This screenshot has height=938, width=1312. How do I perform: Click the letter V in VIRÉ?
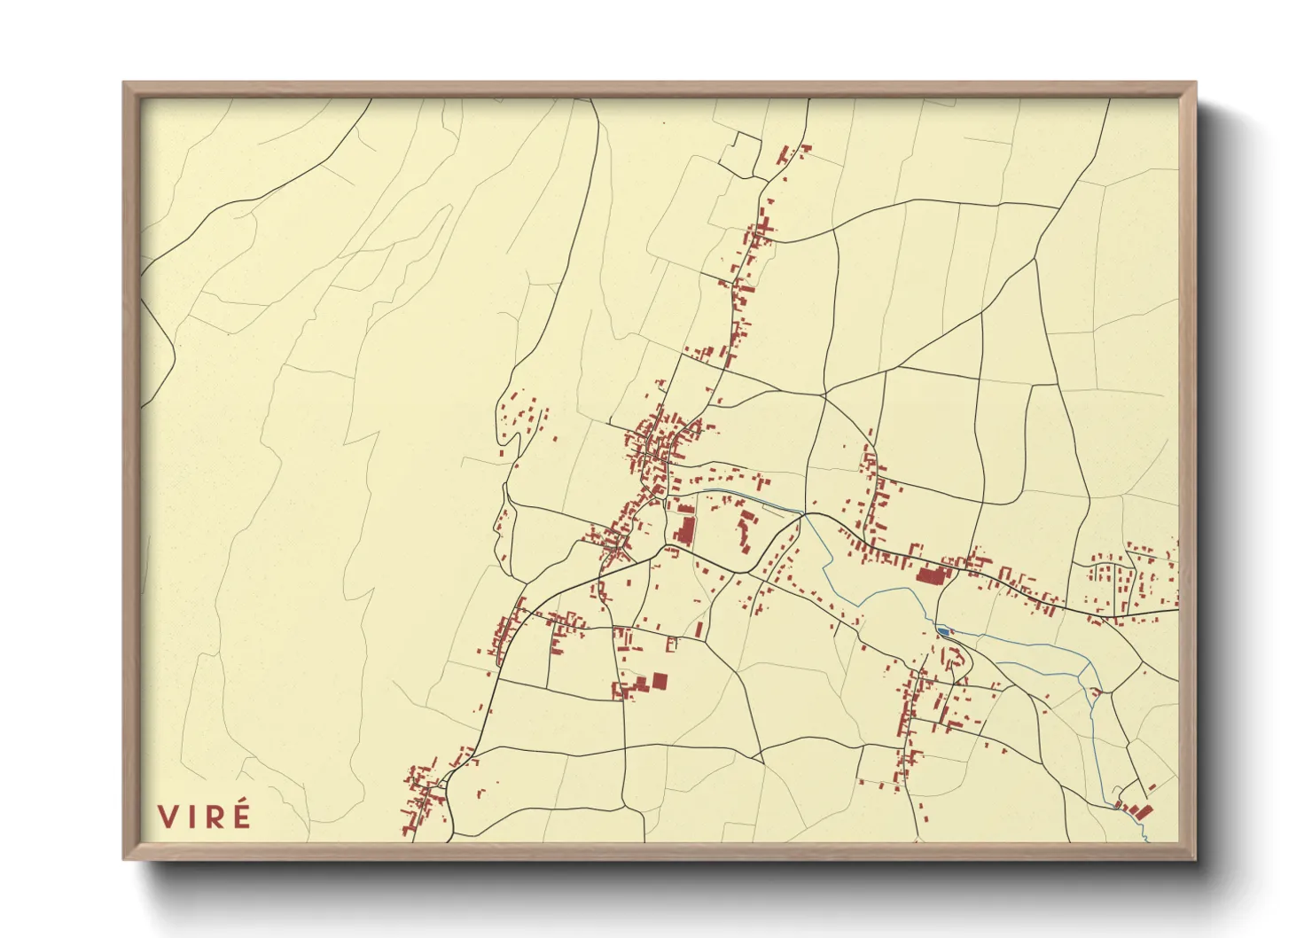point(168,817)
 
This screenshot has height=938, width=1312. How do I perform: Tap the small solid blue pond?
point(944,631)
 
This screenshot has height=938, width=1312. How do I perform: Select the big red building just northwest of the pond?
point(931,575)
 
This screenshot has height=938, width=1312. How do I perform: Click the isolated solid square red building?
point(660,681)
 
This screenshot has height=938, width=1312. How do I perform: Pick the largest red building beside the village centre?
point(684,531)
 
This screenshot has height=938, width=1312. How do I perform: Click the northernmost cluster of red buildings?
point(792,155)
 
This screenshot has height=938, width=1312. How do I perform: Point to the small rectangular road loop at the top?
point(740,153)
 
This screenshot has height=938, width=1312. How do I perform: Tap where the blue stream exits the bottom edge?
point(1146,839)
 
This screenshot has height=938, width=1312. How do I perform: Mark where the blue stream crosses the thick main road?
point(803,513)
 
